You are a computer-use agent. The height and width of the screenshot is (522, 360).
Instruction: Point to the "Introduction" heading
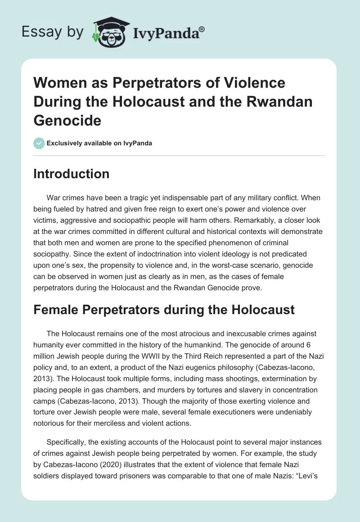click(71, 174)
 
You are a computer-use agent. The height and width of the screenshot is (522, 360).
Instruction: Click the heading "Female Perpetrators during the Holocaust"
click(164, 309)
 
